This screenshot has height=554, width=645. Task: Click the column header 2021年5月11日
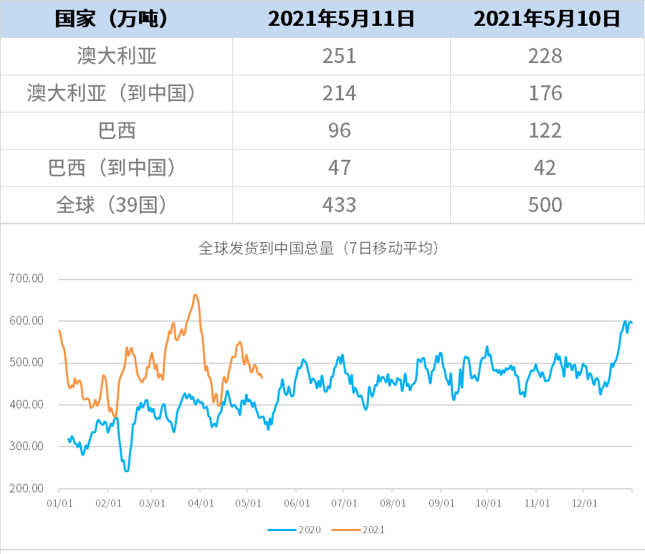340,19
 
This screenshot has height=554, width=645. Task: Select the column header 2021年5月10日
546,19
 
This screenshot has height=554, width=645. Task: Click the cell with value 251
340,56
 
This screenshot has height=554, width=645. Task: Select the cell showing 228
546,56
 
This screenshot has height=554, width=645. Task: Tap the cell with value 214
340,93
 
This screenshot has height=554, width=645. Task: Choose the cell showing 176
546,93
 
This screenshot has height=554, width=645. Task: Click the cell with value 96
340,130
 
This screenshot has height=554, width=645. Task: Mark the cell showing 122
546,130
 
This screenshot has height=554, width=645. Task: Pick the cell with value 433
340,205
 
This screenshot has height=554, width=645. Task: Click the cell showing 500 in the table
546,205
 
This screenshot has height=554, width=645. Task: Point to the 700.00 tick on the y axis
27,279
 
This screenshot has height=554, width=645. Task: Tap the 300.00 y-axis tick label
27,446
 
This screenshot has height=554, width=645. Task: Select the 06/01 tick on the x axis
297,504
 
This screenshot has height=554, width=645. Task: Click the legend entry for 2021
366,530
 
